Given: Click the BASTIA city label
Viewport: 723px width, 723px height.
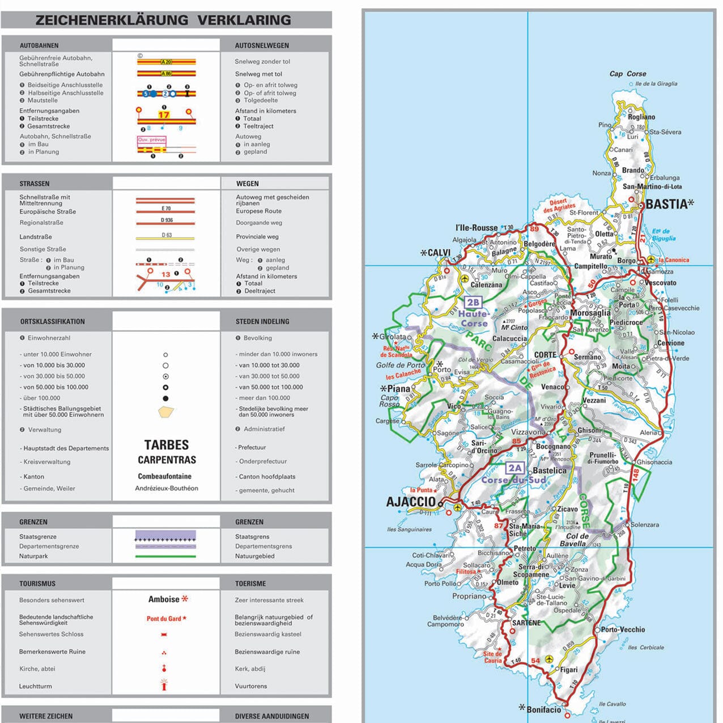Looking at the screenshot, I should (x=666, y=204).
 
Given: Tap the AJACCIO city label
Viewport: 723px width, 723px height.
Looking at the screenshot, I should (x=410, y=501).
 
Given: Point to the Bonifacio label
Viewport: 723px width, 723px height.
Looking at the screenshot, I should (x=543, y=709).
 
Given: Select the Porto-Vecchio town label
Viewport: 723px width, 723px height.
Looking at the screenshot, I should (x=623, y=630).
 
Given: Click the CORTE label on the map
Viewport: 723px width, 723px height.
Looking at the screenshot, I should (x=545, y=355).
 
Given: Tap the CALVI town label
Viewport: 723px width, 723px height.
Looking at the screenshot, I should (x=439, y=253).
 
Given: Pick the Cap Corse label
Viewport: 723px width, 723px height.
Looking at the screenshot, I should (x=627, y=74).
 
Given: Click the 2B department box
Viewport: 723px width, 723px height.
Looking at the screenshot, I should (x=473, y=303).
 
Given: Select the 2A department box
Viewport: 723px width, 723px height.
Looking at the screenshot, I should (x=514, y=468).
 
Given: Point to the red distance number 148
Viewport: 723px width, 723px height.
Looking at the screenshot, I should (x=636, y=474).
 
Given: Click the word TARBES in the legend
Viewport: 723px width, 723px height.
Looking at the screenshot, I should (x=166, y=445).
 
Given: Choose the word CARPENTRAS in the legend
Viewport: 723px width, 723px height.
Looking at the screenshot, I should (x=167, y=460).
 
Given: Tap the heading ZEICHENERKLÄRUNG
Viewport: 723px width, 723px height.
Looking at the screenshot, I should (x=112, y=20).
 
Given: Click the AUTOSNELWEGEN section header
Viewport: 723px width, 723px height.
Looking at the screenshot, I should (x=262, y=45).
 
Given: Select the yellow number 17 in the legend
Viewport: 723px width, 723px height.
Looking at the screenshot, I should (x=164, y=114).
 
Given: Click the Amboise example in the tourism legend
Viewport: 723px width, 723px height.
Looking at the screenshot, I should (x=164, y=599).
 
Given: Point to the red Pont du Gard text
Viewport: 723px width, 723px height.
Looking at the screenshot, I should (x=164, y=619).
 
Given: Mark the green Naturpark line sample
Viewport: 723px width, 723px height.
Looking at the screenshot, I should (x=165, y=556).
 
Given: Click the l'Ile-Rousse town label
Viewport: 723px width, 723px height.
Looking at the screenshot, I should (x=476, y=228).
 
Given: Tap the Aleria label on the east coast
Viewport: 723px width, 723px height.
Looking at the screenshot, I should (x=649, y=432).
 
